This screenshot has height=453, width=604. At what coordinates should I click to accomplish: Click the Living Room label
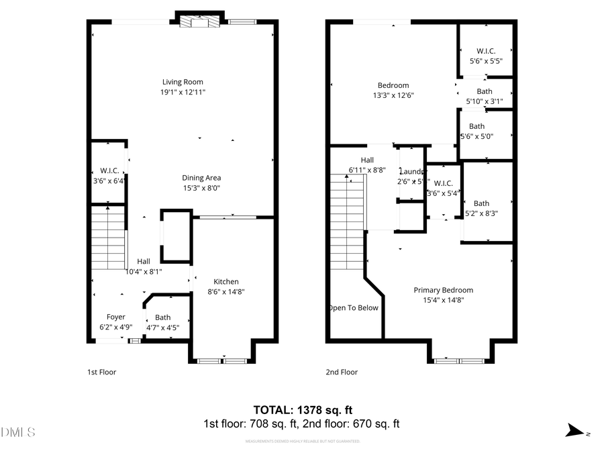(183, 83)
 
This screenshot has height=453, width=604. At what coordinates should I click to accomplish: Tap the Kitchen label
(226, 282)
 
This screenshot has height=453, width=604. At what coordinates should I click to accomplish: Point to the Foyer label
(115, 317)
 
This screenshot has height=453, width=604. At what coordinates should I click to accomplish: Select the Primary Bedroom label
(443, 290)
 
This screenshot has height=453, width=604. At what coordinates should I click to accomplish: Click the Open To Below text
(354, 308)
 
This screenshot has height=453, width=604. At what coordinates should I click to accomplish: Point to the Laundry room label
(411, 172)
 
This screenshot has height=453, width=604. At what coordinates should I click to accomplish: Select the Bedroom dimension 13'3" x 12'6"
(393, 95)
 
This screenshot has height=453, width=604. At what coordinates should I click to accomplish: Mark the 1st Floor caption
(101, 372)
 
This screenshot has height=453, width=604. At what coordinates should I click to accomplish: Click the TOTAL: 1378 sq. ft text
(302, 409)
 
